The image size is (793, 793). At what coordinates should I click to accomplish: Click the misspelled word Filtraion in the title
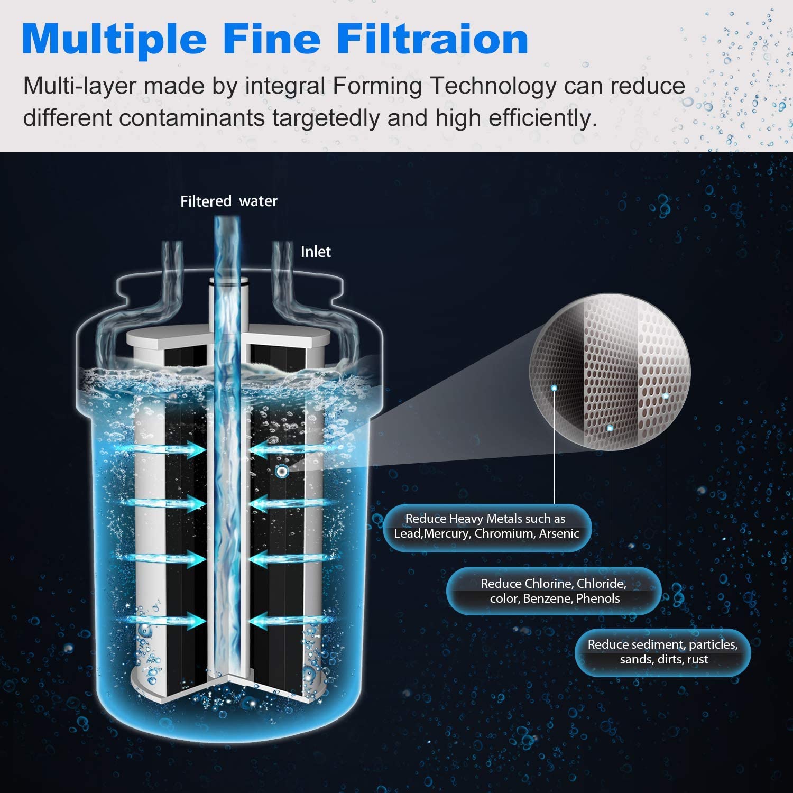432,39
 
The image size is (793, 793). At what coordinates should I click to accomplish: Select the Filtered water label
228,201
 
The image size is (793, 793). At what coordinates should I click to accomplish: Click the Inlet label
316,252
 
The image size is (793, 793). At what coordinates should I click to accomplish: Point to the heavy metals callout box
486,527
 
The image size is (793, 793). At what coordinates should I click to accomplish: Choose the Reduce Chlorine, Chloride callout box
554,591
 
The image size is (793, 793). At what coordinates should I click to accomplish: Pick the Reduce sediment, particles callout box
662,652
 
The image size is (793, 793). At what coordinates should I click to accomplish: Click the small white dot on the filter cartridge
281,472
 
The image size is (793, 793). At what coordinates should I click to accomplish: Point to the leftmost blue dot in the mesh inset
554,388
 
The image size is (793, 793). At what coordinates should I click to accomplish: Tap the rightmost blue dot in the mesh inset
666,395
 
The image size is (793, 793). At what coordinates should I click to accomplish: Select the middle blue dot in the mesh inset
610,428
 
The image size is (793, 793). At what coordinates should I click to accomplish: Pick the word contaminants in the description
191,118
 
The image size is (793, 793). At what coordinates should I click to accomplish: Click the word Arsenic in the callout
559,534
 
